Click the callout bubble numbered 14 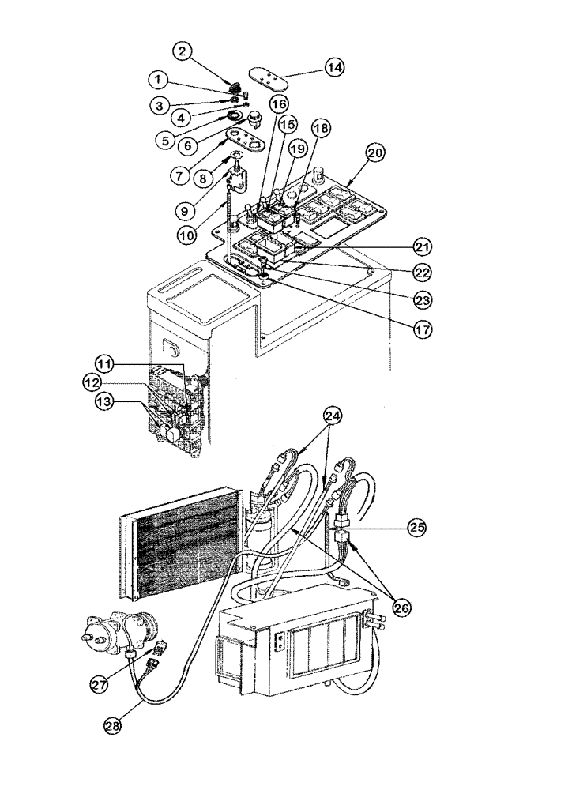(x=334, y=68)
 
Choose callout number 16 (x=277, y=103)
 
